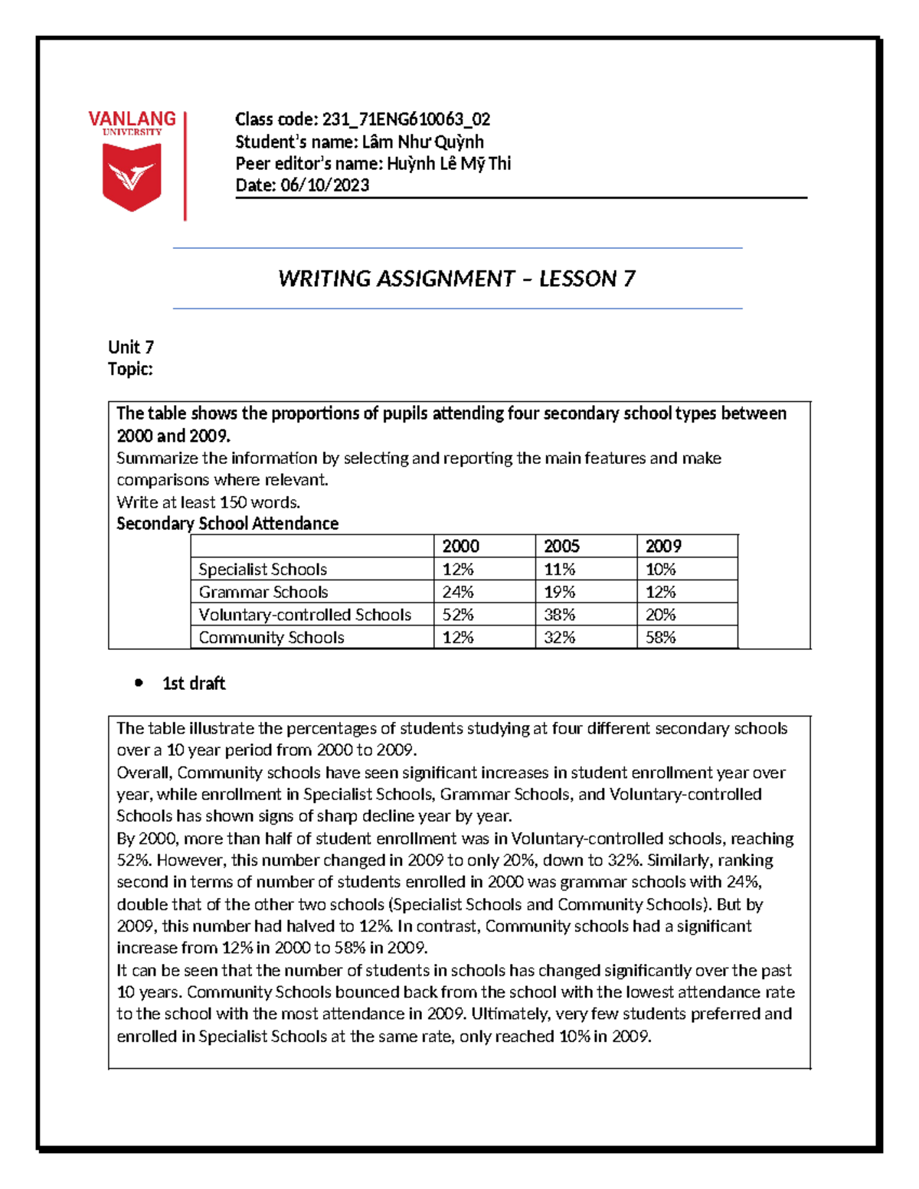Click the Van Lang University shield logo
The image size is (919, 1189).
tap(132, 177)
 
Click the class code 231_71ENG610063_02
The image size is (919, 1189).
tap(406, 119)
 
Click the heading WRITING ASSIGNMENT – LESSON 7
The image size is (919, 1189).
tap(456, 279)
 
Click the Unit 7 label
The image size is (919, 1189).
tap(131, 347)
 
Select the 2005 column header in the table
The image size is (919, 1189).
tap(561, 546)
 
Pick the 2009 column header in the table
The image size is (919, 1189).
tap(663, 546)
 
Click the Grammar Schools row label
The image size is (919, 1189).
tap(263, 592)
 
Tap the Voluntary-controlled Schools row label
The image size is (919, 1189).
tap(305, 615)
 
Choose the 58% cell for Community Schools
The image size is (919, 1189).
tap(660, 637)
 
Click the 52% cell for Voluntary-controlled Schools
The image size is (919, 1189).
tap(458, 615)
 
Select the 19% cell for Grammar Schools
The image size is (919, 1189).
tap(559, 592)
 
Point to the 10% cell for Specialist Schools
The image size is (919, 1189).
tap(660, 569)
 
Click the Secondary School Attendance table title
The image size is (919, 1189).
tap(227, 524)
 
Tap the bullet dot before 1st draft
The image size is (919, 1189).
tap(139, 683)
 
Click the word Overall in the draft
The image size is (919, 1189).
tap(144, 773)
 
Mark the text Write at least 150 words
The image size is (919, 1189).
tap(208, 502)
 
